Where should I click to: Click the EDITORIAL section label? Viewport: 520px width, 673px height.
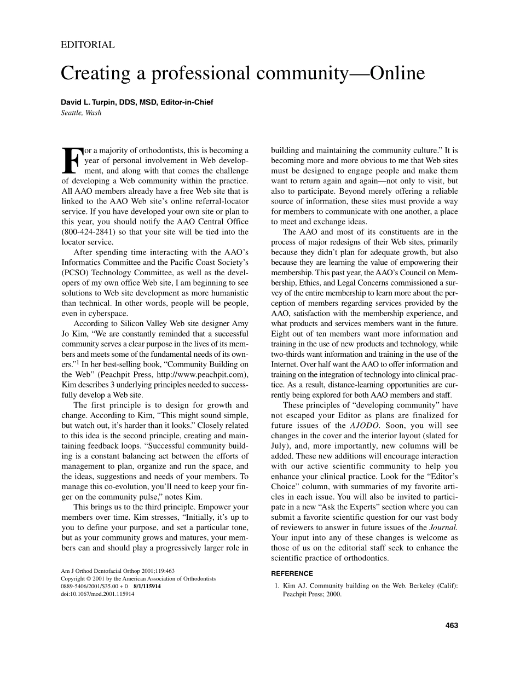pyautogui.click(x=88, y=45)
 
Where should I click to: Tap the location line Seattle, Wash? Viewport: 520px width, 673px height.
pyautogui.click(x=81, y=113)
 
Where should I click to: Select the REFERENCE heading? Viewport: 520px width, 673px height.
pyautogui.click(x=292, y=573)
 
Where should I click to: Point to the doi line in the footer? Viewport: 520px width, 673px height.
pyautogui.click(x=97, y=594)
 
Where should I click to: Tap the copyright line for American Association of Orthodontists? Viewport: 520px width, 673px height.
pyautogui.click(x=138, y=578)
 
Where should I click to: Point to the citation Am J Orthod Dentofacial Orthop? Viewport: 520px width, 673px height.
pyautogui.click(x=118, y=571)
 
